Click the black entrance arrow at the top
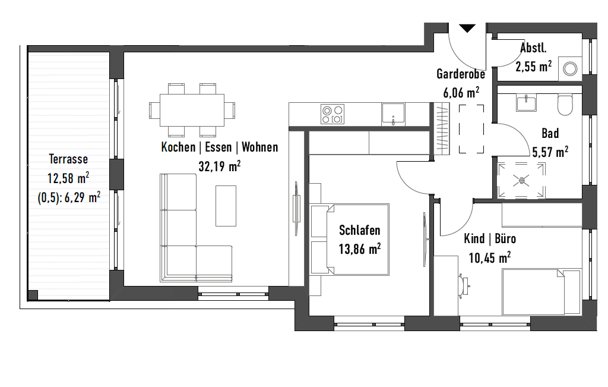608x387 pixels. pos(467,28)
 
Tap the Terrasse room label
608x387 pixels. pos(68,159)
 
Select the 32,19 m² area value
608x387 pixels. pos(220,166)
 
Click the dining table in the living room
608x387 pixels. pos(192,110)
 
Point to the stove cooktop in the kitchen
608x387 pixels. pos(332,114)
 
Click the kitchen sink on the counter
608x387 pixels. pos(393,114)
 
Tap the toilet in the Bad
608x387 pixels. pos(565,104)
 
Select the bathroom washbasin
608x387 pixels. pos(526,103)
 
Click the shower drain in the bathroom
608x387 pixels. pos(521,180)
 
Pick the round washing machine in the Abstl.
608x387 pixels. pos(570,69)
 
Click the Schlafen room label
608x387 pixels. pos(359,230)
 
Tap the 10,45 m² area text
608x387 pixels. pos(490,257)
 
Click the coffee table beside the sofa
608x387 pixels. pos(226,206)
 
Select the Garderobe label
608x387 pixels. pos(461,74)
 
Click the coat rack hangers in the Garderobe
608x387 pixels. pos(442,127)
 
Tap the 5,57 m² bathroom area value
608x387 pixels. pos(550,152)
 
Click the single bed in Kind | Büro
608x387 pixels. pos(541,291)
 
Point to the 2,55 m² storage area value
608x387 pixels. pos(534,67)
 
